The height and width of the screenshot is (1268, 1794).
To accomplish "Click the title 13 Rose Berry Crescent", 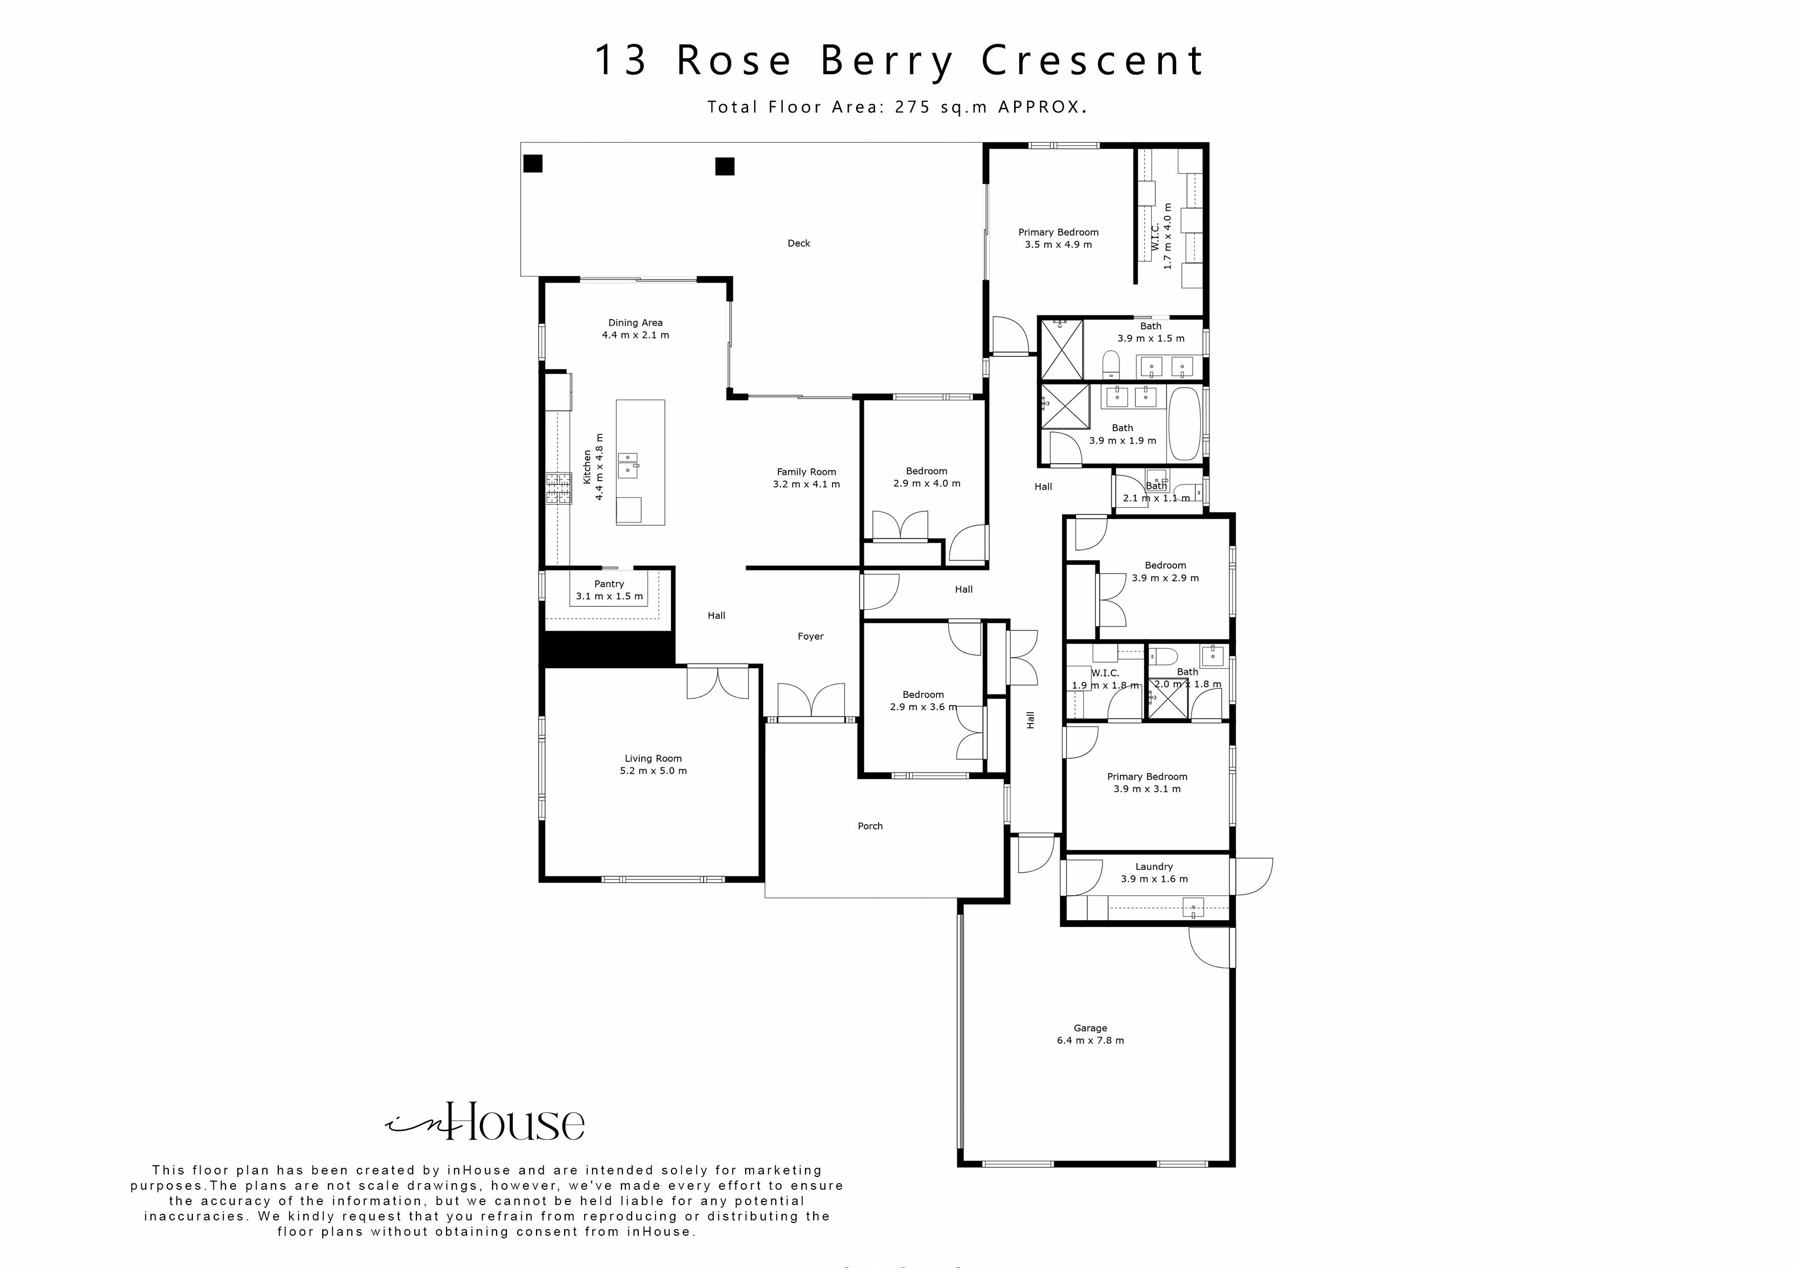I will (x=899, y=61).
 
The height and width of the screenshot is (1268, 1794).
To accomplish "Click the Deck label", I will (x=798, y=243).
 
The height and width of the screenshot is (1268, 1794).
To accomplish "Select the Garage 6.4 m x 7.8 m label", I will (x=1090, y=1034).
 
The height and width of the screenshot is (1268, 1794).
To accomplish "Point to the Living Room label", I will (x=653, y=764).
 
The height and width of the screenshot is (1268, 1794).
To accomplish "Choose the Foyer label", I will (x=810, y=636).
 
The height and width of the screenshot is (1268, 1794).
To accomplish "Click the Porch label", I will (x=870, y=826).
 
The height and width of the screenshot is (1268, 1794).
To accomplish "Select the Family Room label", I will (x=806, y=478).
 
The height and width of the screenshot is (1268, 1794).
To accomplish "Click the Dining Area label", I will (x=635, y=328).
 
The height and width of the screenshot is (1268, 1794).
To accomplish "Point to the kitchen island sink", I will (x=628, y=465).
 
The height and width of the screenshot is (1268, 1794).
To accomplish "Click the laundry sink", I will (x=1193, y=908).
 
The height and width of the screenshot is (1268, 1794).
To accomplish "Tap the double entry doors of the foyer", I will (x=811, y=700).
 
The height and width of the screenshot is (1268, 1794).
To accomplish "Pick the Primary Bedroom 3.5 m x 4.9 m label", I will (x=1058, y=238).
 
